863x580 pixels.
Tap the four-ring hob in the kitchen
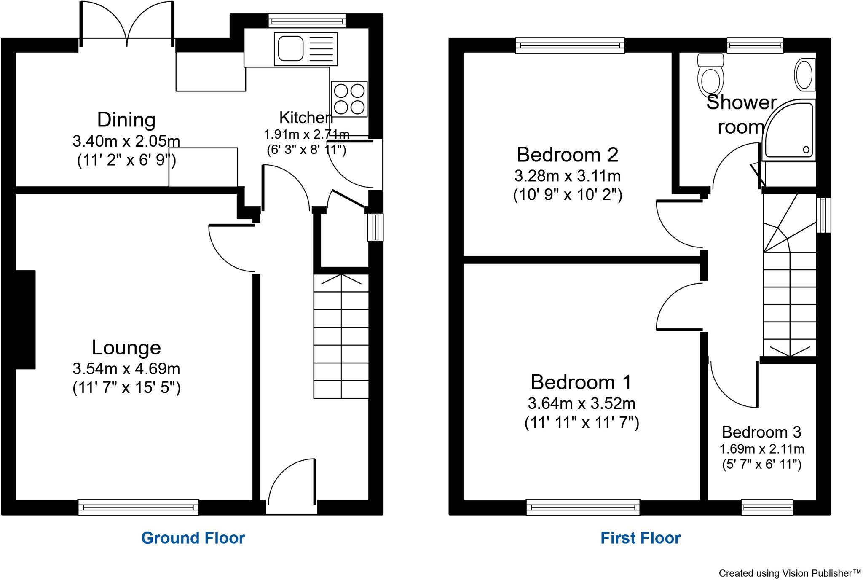click(x=349, y=99)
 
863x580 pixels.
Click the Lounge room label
click(x=126, y=348)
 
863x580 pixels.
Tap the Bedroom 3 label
click(x=761, y=432)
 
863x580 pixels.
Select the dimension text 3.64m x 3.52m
click(x=582, y=403)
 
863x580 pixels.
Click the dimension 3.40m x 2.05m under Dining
click(x=126, y=141)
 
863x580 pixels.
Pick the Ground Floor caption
click(x=193, y=538)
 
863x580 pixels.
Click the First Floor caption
click(x=640, y=538)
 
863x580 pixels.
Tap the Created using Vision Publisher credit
click(x=789, y=573)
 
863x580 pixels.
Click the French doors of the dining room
click(x=127, y=25)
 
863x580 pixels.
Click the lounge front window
click(x=138, y=507)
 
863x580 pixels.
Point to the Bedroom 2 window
click(x=570, y=46)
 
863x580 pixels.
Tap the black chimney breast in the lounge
click(x=26, y=320)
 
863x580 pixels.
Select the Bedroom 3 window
click(x=767, y=507)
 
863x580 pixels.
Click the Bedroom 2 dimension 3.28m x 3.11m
click(x=567, y=175)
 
